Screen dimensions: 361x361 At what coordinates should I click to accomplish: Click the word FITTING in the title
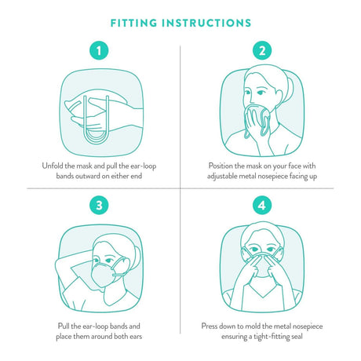pyautogui.click(x=138, y=22)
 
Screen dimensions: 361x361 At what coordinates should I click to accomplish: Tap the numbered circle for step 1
pyautogui.click(x=98, y=52)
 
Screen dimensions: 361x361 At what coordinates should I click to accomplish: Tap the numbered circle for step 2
pyautogui.click(x=261, y=52)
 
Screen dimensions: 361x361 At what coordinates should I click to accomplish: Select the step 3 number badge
pyautogui.click(x=98, y=207)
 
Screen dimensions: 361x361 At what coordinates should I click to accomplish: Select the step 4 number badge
pyautogui.click(x=261, y=207)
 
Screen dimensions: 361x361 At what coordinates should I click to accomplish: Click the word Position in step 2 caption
pyautogui.click(x=224, y=166)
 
